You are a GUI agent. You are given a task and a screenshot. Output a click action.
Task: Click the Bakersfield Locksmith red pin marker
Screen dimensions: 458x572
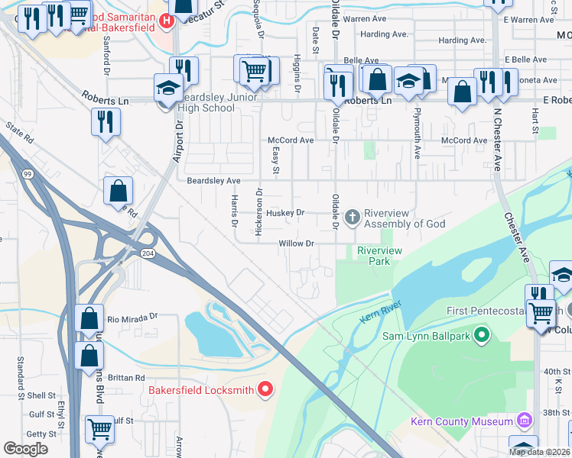click(265, 390)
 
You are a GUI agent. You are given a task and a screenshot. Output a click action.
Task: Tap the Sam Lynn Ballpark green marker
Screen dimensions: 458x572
click(482, 334)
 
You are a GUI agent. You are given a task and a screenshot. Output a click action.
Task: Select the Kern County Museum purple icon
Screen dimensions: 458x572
click(524, 421)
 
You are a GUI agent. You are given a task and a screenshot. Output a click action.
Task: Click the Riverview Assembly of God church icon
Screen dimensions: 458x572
click(353, 218)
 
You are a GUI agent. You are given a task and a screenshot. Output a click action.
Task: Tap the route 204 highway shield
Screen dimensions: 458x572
click(147, 253)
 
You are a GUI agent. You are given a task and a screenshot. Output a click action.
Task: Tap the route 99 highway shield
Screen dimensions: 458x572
click(28, 175)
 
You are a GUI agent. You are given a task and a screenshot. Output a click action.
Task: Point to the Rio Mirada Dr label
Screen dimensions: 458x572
click(132, 317)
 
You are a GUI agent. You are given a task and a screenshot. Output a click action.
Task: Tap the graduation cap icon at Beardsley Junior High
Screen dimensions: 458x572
click(168, 87)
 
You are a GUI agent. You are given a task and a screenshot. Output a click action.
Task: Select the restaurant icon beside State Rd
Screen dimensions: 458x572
click(106, 121)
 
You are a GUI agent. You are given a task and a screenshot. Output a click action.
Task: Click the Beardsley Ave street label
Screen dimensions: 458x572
click(214, 181)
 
